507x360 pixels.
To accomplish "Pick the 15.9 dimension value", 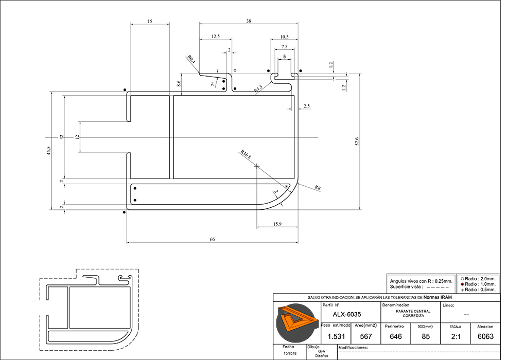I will (277, 224).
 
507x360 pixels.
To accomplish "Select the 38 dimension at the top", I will (249, 21).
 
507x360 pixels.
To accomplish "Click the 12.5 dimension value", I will (216, 37).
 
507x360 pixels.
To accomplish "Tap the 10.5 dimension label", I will (285, 37).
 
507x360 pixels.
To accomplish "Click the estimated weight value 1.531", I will (336, 336).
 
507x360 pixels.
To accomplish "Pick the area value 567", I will (366, 336).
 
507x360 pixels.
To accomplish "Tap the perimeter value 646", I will (396, 336).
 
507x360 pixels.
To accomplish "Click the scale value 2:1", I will (456, 336).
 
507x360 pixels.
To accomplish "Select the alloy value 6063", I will (485, 336).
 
